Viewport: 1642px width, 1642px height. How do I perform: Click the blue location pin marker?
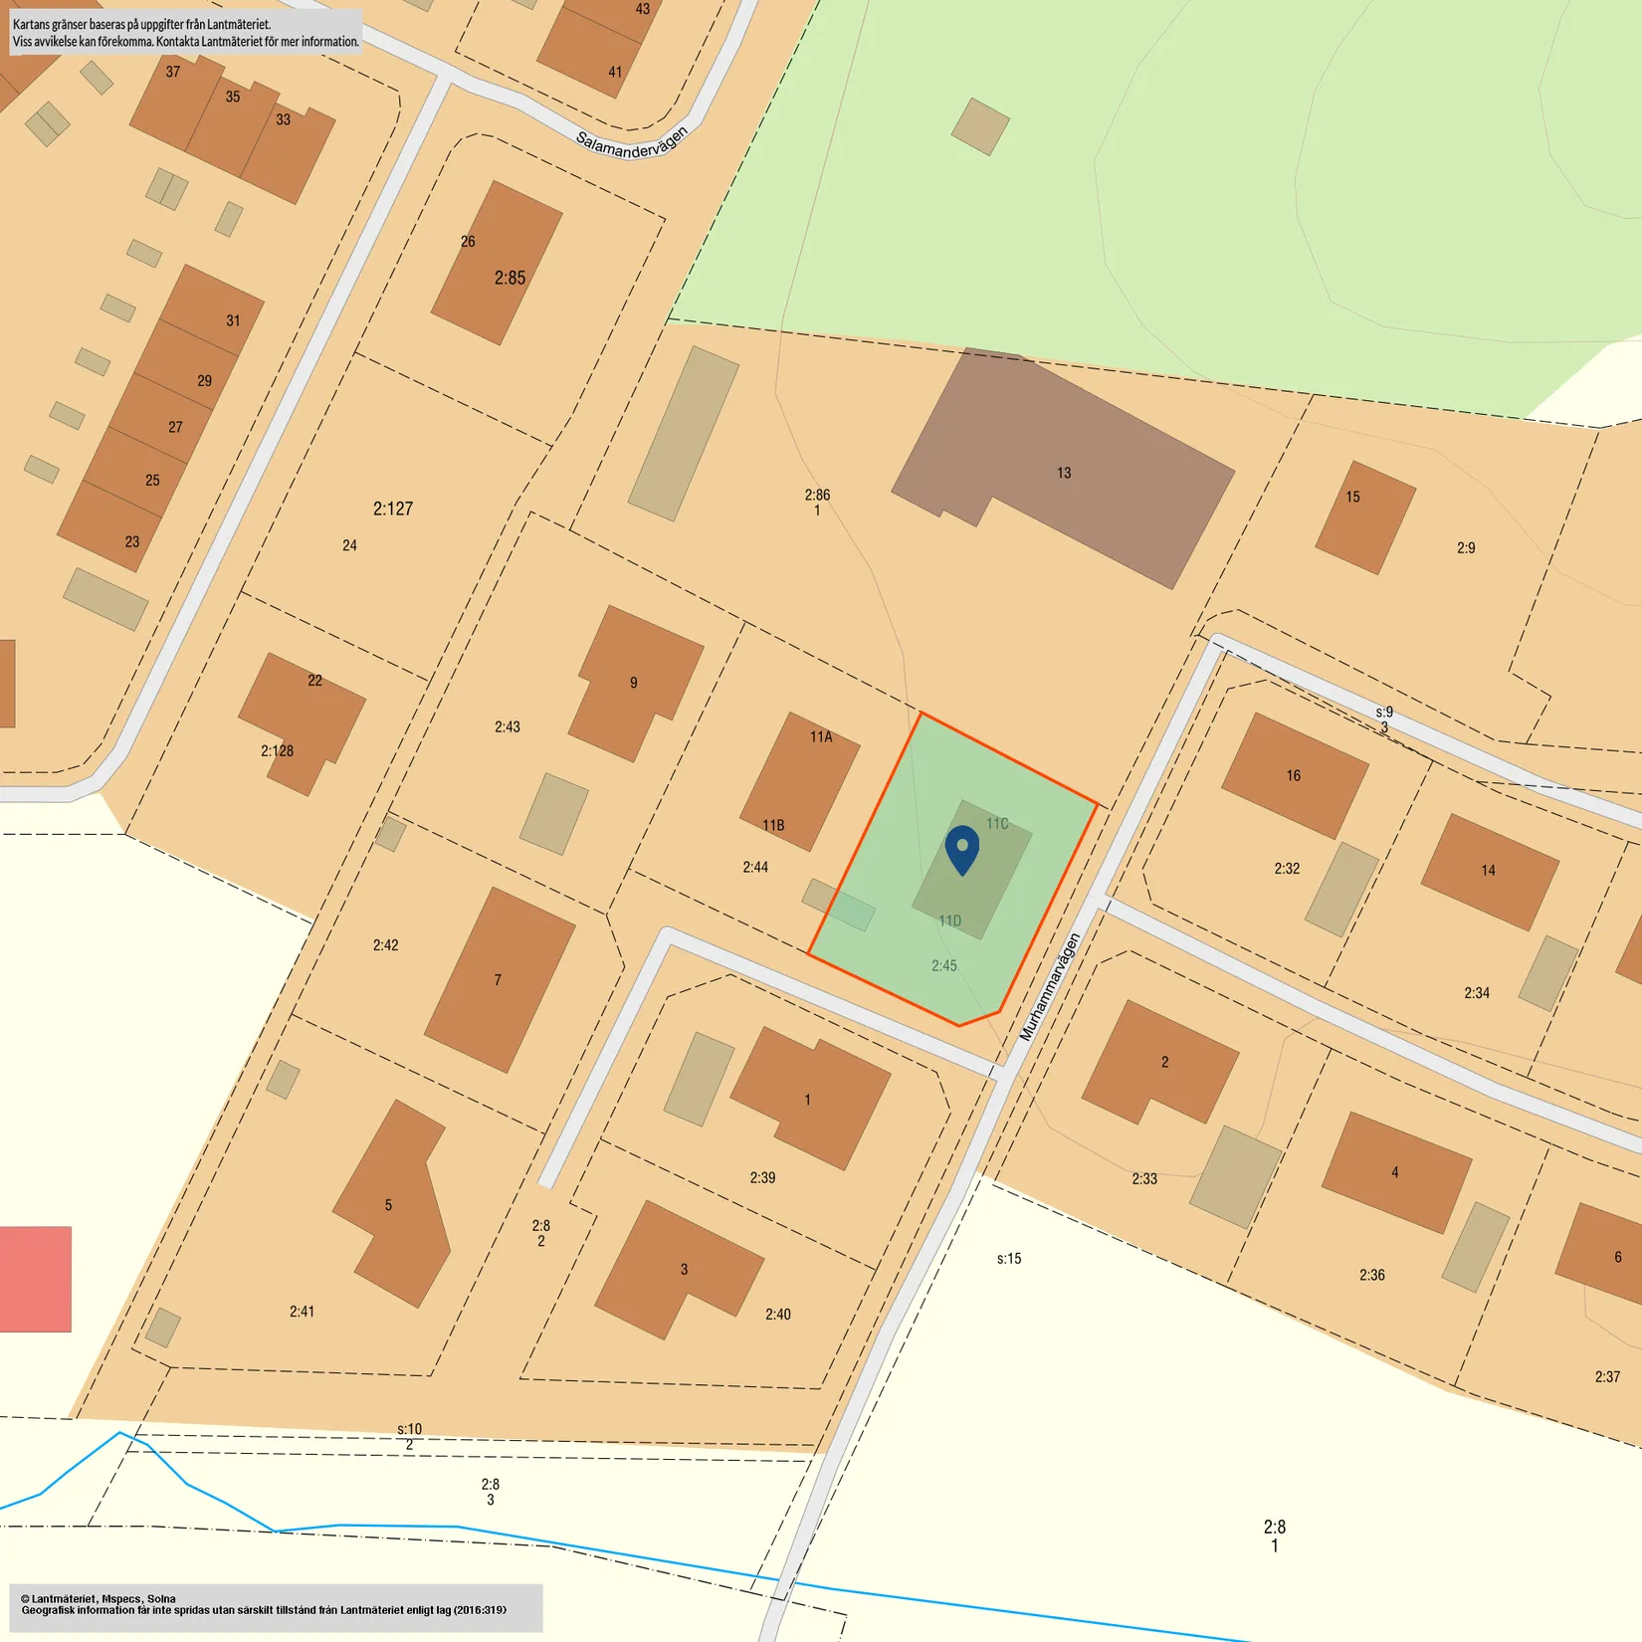(961, 848)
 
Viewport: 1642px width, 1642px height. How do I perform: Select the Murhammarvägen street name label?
(1050, 987)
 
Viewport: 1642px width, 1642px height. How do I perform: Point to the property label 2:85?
(510, 279)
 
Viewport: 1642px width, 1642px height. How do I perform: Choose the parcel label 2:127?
(393, 510)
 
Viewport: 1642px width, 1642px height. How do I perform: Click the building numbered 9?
(633, 683)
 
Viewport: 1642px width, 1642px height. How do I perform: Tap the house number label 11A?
(821, 737)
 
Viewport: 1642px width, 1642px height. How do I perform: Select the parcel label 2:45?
(944, 965)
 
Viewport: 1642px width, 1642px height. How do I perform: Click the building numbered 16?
(1293, 776)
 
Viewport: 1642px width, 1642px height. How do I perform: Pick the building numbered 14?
(1488, 871)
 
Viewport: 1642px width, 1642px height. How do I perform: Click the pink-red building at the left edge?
(35, 1279)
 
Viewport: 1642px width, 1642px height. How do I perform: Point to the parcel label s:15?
(1009, 1259)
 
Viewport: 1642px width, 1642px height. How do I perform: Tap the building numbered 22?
(304, 717)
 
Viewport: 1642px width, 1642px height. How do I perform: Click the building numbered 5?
(389, 1205)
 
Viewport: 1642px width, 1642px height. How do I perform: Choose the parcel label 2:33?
(1144, 1179)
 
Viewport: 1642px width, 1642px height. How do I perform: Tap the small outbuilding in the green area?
(980, 126)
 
